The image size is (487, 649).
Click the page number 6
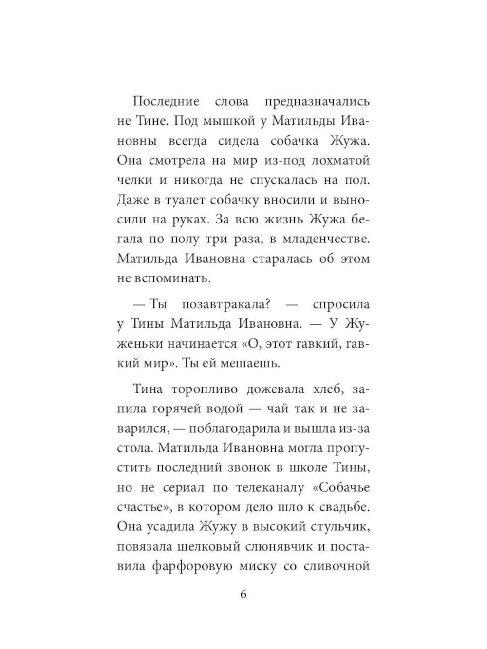tap(243, 594)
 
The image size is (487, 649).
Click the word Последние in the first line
tap(166, 102)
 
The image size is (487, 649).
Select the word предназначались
tap(317, 102)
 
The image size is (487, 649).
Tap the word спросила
tap(341, 304)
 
